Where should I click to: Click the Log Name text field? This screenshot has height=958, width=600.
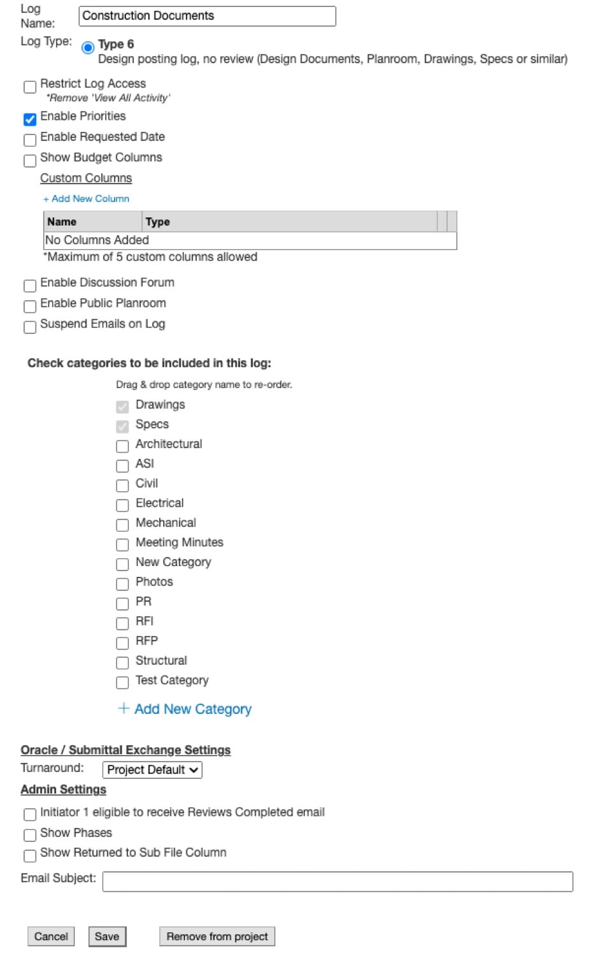pyautogui.click(x=207, y=16)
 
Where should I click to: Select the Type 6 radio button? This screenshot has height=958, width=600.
pyautogui.click(x=88, y=47)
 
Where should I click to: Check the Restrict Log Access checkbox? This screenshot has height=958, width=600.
pyautogui.click(x=30, y=87)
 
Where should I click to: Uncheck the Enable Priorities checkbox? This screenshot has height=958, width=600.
pyautogui.click(x=30, y=119)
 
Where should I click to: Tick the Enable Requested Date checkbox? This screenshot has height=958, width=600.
pyautogui.click(x=30, y=140)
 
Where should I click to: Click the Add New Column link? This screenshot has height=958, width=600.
pyautogui.click(x=87, y=199)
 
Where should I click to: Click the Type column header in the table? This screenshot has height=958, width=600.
pyautogui.click(x=157, y=222)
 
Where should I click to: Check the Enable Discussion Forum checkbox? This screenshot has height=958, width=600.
pyautogui.click(x=30, y=286)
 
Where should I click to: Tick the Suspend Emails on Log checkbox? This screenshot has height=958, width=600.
pyautogui.click(x=30, y=327)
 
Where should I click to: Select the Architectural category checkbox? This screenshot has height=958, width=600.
pyautogui.click(x=122, y=446)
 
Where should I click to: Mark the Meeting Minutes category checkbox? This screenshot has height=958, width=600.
pyautogui.click(x=122, y=545)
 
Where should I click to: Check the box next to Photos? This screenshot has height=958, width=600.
pyautogui.click(x=122, y=584)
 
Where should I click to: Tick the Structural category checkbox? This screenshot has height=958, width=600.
pyautogui.click(x=122, y=663)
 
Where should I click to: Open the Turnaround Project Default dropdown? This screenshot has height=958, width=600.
pyautogui.click(x=152, y=770)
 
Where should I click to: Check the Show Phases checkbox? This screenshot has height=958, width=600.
pyautogui.click(x=30, y=835)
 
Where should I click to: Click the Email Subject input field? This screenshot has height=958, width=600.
pyautogui.click(x=338, y=882)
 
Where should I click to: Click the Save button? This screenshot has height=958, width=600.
pyautogui.click(x=107, y=936)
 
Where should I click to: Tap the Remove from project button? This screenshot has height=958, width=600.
pyautogui.click(x=217, y=936)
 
